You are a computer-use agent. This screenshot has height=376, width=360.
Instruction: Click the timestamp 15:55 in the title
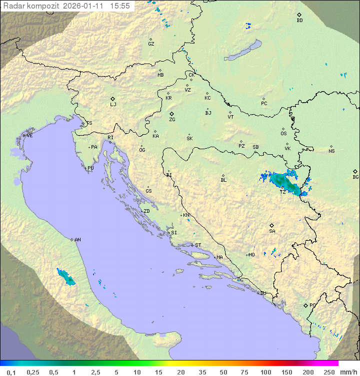tap(120, 6)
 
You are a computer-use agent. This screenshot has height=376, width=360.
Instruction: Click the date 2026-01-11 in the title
tap(84, 6)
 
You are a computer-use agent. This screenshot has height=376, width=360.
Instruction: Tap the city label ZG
tap(172, 120)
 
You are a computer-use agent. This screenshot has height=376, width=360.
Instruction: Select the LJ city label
tap(113, 105)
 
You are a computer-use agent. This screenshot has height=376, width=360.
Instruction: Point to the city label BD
tap(299, 21)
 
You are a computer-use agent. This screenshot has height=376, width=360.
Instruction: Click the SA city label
tap(272, 231)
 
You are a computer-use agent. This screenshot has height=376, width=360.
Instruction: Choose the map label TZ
tap(282, 192)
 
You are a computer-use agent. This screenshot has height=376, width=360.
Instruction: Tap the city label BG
tap(355, 177)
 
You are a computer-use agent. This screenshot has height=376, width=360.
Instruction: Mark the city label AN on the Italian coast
tap(77, 240)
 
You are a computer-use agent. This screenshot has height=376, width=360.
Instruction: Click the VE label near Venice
tap(29, 136)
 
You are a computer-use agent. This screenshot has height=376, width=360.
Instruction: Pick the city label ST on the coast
tap(198, 245)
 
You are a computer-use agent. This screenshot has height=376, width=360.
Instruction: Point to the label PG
tap(312, 305)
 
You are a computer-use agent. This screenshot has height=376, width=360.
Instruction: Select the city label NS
tap(331, 151)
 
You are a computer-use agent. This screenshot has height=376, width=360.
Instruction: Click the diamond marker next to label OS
tap(283, 129)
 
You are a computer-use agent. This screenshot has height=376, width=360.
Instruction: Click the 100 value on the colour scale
tap(265, 372)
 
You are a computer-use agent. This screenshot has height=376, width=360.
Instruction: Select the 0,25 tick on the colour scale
tap(33, 372)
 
